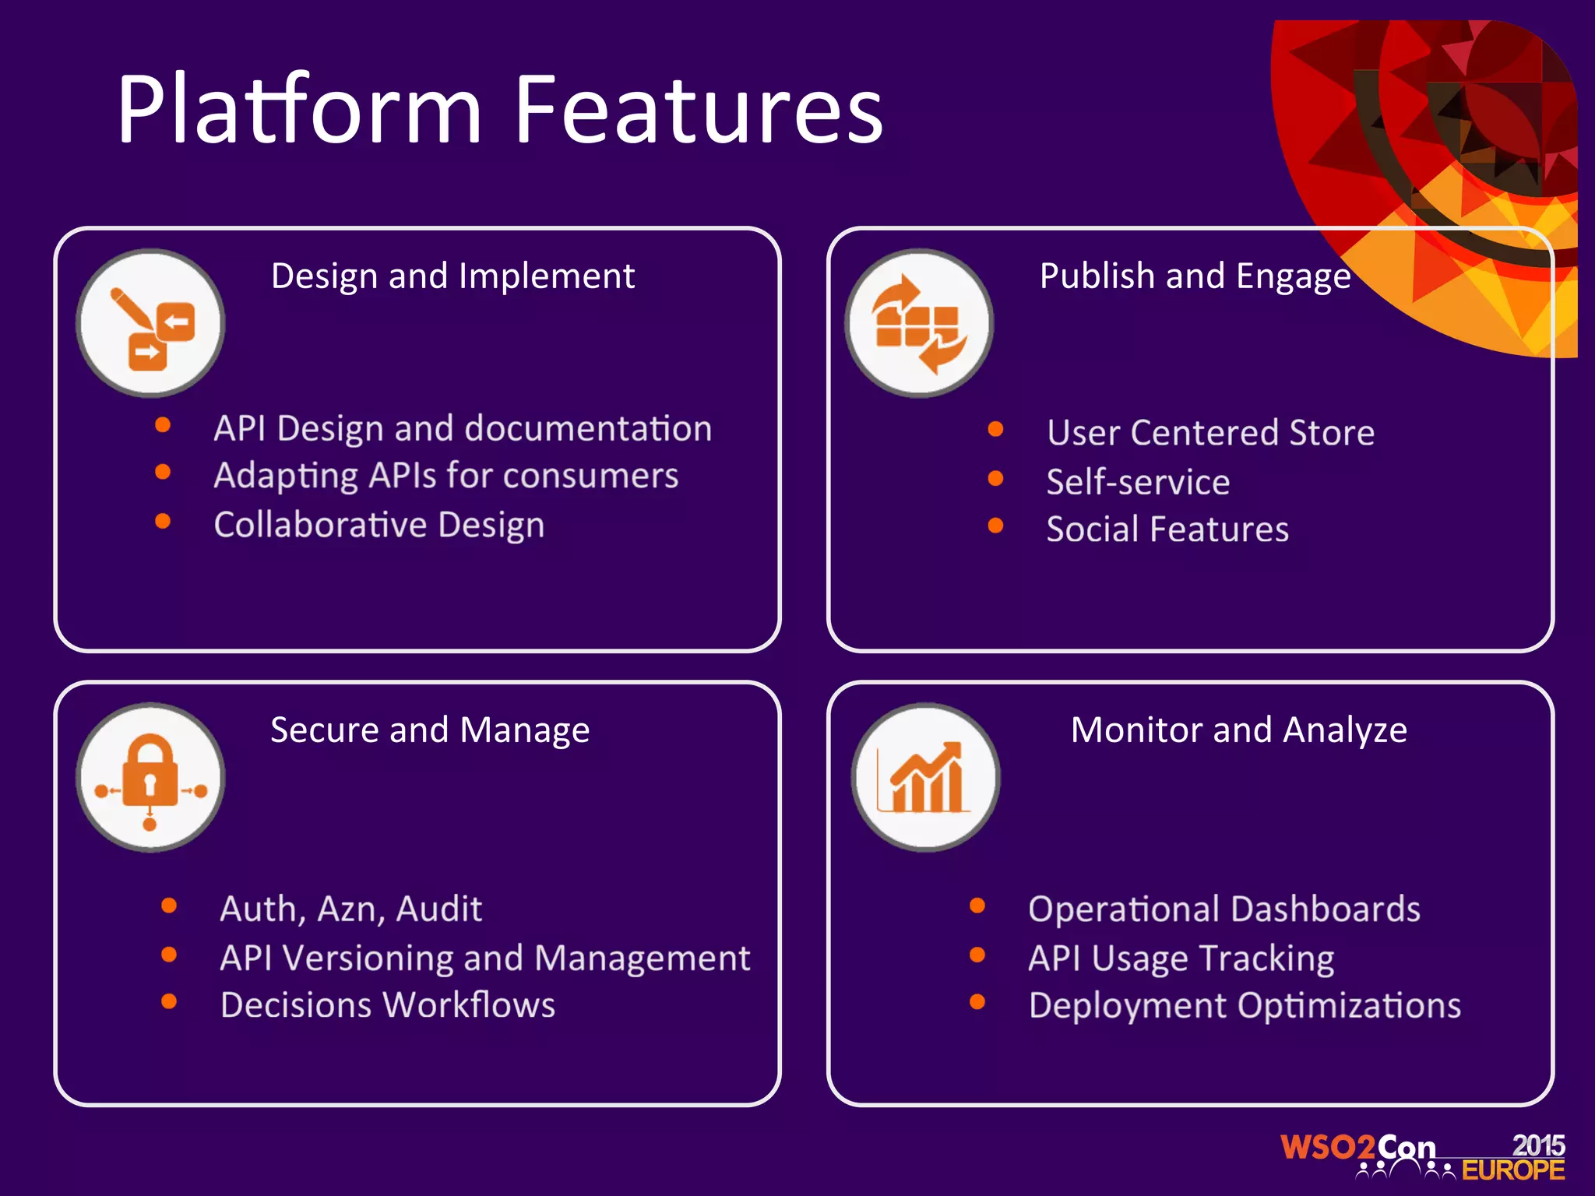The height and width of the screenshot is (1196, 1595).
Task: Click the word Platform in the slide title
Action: (300, 111)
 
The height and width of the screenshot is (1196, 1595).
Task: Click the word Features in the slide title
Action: (698, 111)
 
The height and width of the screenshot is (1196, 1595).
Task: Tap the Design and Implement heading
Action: (452, 276)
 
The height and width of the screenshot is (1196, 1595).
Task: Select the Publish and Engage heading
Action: (1195, 276)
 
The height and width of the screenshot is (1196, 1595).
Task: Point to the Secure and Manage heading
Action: (430, 730)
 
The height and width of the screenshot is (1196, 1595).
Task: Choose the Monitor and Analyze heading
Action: (1238, 730)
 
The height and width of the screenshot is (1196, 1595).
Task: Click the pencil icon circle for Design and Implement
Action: (150, 323)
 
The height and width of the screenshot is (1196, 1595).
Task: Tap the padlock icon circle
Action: (150, 777)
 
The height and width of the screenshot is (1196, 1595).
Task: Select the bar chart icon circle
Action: (925, 777)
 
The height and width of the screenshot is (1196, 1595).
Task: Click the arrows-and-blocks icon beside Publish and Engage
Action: (919, 323)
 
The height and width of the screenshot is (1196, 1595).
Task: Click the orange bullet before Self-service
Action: (995, 478)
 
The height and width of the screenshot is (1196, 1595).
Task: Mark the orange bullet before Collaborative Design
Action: (163, 521)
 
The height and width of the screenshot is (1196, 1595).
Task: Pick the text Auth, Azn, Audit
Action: (350, 909)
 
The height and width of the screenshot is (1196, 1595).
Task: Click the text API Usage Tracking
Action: (1181, 959)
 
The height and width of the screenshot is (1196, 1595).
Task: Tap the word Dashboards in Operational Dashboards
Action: (1326, 909)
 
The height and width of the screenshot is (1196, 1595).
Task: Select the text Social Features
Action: (1167, 529)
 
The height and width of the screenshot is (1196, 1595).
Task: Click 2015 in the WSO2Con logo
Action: (1538, 1145)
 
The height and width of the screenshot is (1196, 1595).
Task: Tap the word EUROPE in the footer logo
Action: (1512, 1170)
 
